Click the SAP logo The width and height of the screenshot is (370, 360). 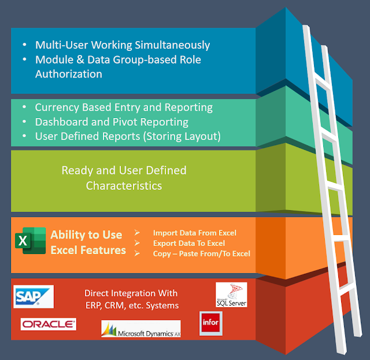coord(34,296)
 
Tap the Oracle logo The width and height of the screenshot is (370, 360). coord(49,324)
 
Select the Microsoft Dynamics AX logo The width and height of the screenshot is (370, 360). coord(141,329)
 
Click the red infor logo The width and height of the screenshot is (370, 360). coord(210,324)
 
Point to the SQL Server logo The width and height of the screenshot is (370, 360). coord(231,295)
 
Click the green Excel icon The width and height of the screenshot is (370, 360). coord(31,241)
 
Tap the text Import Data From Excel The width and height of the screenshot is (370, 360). coord(195,233)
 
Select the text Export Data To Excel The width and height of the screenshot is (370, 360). coord(189,243)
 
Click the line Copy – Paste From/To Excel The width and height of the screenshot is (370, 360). coord(202,254)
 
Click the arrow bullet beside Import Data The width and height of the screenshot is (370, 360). coord(137,233)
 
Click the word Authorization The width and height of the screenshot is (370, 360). coord(69,74)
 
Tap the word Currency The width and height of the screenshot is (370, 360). coord(57,108)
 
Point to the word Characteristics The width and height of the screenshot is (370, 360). coord(124,186)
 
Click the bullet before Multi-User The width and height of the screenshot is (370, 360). coord(24,45)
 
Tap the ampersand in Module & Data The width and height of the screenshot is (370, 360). coord(80,60)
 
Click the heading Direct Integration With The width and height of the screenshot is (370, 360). coord(131,293)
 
